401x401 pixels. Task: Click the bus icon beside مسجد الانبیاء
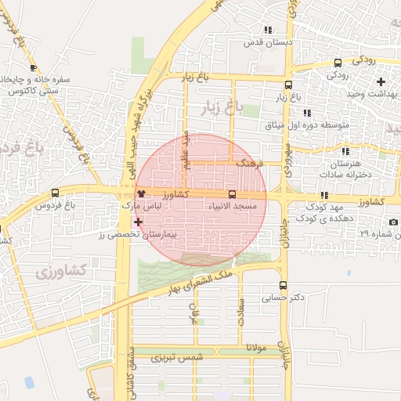tap(232, 193)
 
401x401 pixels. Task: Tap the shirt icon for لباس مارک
tap(141, 193)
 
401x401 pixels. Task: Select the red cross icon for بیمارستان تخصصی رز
tap(139, 222)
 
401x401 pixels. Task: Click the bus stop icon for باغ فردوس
tap(55, 193)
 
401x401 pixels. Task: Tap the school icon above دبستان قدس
tap(268, 30)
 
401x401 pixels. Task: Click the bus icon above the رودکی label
tap(338, 63)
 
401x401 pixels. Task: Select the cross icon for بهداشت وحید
tap(381, 81)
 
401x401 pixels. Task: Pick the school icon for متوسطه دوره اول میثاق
tap(306, 113)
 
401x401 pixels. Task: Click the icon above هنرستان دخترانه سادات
tap(345, 151)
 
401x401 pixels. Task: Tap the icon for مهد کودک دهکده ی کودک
tap(324, 196)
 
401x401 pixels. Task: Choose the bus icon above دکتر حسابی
tap(283, 286)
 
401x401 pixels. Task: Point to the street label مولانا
tap(256, 345)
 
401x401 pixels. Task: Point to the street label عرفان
tap(195, 312)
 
